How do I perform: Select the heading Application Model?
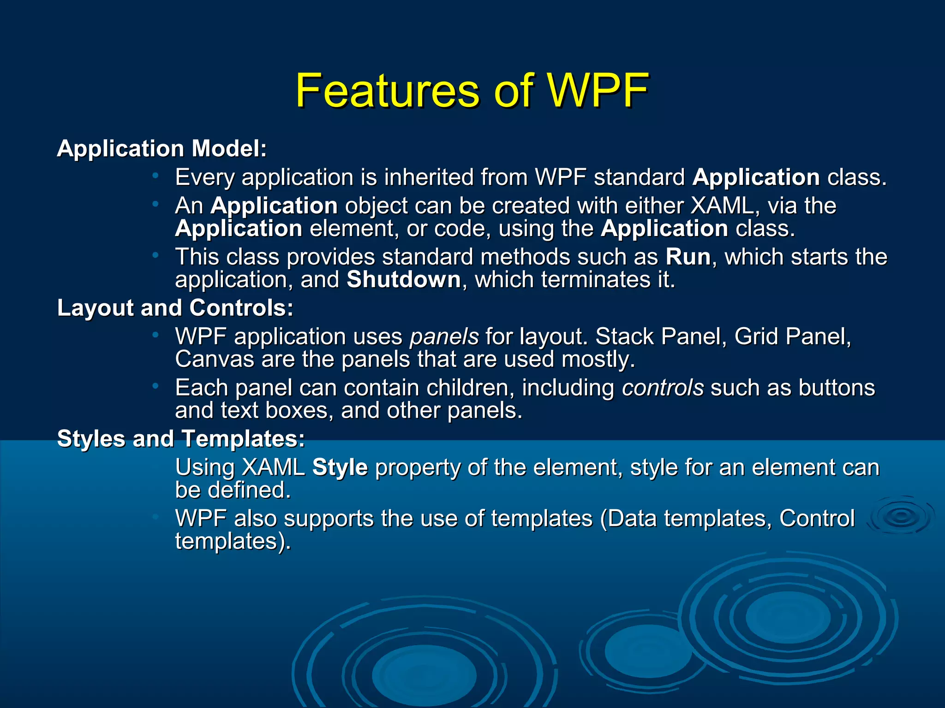click(161, 148)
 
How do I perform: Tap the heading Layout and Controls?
click(175, 307)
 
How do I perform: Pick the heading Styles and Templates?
click(180, 438)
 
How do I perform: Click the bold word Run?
click(688, 257)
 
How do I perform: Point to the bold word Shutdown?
click(403, 280)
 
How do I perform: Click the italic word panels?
click(444, 336)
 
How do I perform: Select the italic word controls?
click(662, 388)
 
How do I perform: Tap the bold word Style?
click(340, 467)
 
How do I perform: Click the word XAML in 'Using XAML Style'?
click(273, 467)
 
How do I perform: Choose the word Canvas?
click(215, 359)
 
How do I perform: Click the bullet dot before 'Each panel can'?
click(156, 385)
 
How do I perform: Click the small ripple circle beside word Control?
click(900, 516)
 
